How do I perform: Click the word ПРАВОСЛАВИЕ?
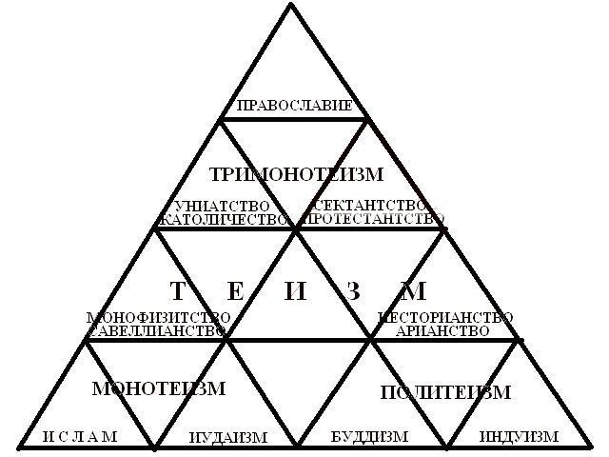click(294, 105)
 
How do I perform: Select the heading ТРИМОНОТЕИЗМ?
click(295, 174)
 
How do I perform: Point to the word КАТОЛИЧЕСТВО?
click(223, 219)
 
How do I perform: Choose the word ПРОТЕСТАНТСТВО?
click(372, 219)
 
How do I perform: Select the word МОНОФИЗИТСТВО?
click(158, 317)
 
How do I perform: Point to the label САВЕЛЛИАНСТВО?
click(158, 330)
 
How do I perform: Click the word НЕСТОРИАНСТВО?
click(446, 317)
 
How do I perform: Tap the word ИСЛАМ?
click(80, 436)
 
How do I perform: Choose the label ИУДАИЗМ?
click(228, 437)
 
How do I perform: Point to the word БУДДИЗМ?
click(369, 437)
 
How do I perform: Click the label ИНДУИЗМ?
click(518, 437)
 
